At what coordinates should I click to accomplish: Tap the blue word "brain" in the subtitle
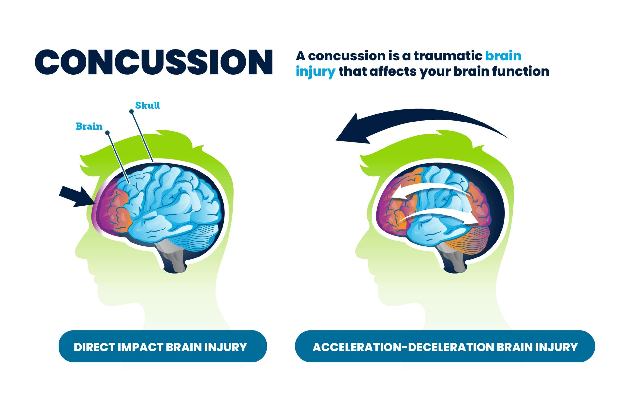point(503,56)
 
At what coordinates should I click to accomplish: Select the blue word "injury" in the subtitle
point(315,72)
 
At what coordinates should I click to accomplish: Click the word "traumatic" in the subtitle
point(448,56)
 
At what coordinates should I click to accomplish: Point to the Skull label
point(147,106)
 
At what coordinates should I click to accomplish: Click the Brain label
point(89,126)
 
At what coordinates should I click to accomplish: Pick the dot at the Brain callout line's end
point(107,133)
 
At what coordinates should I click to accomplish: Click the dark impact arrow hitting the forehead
point(75,196)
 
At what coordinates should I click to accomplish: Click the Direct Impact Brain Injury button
point(163,347)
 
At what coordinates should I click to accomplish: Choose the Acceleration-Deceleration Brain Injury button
point(445,347)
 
